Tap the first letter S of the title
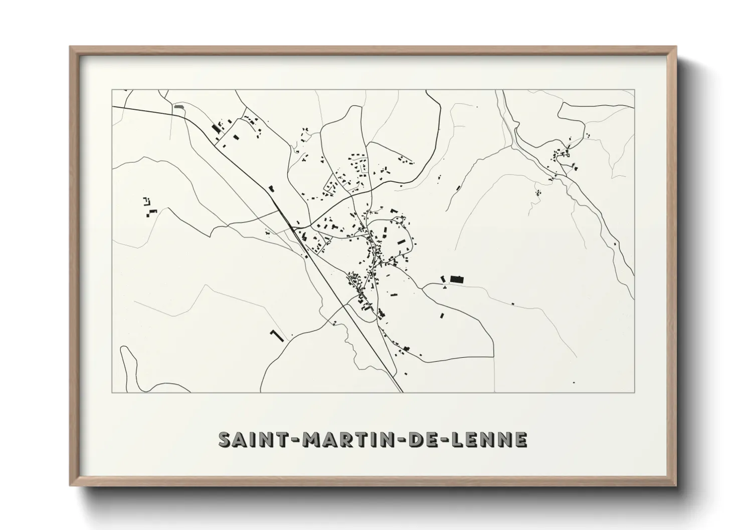pos(224,439)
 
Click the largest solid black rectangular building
pos(457,279)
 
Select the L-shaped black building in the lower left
pos(276,336)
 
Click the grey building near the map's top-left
pos(179,106)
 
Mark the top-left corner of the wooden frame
pos(70,47)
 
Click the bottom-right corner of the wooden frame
pos(676,486)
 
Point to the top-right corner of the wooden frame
pos(676,47)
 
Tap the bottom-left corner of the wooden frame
pos(70,486)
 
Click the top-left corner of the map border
pos(112,90)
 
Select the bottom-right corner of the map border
pos(635,393)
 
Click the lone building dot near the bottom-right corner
pos(574,382)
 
